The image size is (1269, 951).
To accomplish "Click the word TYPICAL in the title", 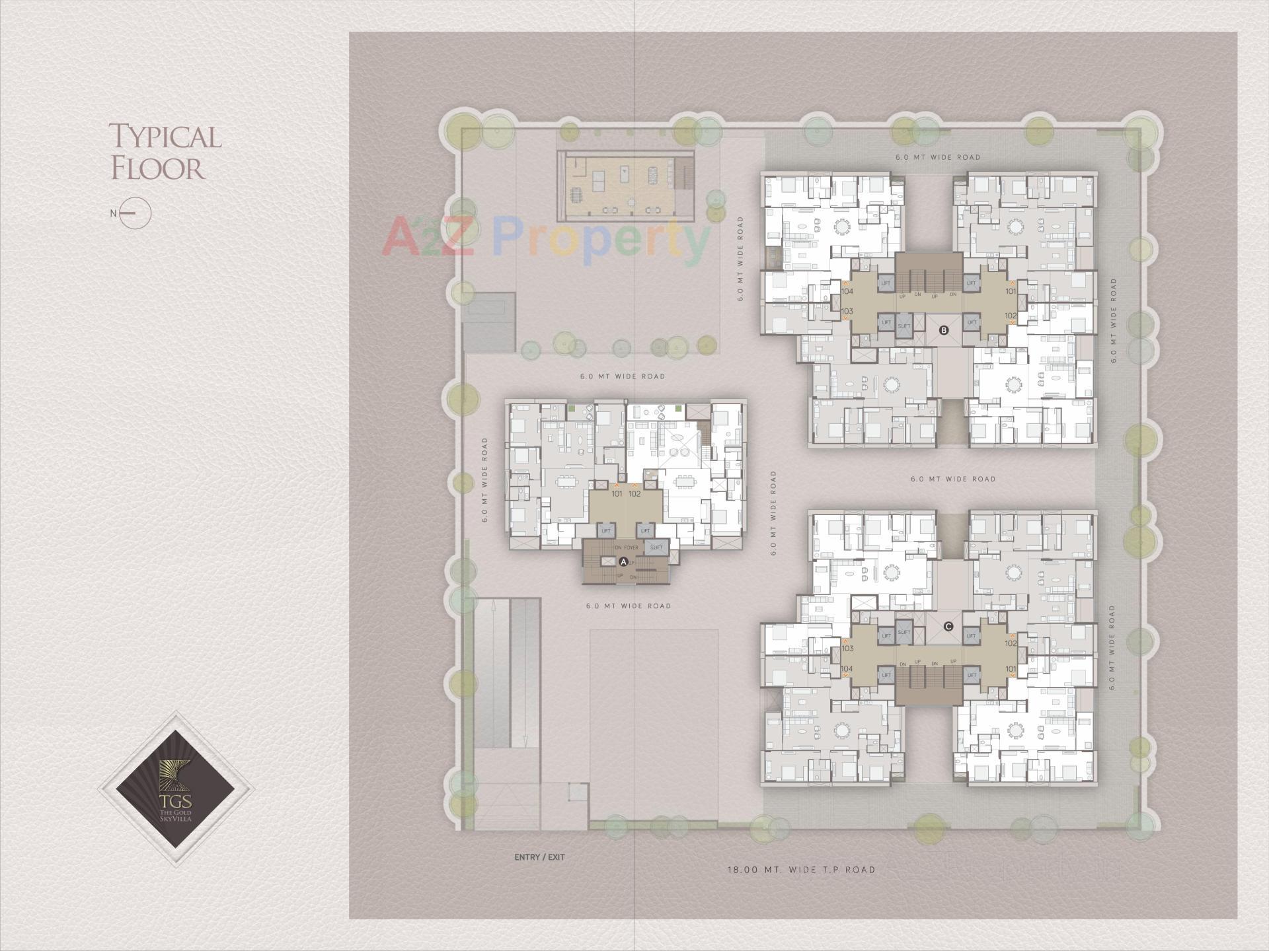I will point(165,136).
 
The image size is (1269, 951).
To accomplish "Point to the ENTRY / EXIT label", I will point(539,857).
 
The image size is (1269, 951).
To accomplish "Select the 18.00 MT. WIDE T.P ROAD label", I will point(801,870).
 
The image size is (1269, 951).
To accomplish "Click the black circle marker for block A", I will point(623,562).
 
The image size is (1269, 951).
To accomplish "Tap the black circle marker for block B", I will point(944,330).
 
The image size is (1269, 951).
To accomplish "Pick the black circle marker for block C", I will point(948,626).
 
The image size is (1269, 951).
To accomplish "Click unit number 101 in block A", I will point(617,493).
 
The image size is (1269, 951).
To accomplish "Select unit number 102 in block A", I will point(634,493).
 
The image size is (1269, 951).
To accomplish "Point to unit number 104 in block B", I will point(847,291).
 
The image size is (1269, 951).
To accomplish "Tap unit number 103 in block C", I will point(847,649).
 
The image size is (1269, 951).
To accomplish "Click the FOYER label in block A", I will point(631,547).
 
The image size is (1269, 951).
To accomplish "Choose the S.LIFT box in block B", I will point(904,325).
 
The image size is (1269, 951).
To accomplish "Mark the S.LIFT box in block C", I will point(904,632).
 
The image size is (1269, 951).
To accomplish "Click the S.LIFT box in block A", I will point(656,547).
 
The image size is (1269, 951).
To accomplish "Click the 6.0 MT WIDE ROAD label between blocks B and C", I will point(952,479).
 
